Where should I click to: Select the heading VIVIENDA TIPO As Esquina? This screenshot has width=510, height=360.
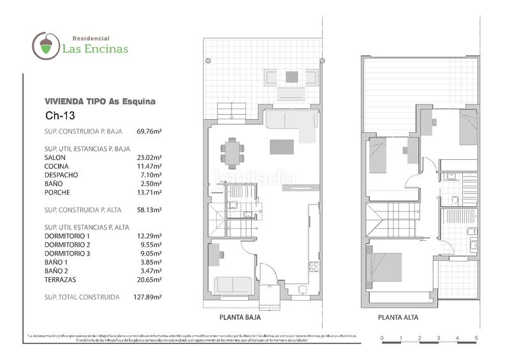(x=100, y=101)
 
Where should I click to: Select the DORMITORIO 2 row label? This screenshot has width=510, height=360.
(x=68, y=244)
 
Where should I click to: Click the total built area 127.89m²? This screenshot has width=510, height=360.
(x=149, y=297)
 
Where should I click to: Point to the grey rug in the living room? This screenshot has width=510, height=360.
(x=282, y=147)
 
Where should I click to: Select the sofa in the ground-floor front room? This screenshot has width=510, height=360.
(x=232, y=284)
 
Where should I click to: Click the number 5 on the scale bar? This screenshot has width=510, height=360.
(x=476, y=337)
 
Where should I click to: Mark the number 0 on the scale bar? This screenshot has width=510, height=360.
(x=381, y=337)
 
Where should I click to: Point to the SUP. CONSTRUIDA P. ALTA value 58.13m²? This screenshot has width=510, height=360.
(x=149, y=209)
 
